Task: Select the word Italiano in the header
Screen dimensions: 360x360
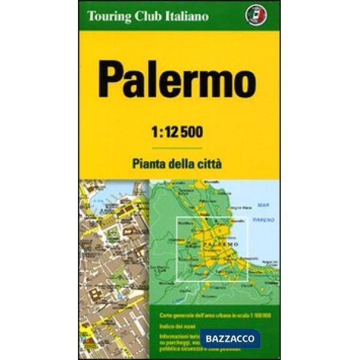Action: point(186,16)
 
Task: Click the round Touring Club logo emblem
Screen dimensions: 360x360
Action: point(263,15)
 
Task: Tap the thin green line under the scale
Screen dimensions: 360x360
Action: point(178,148)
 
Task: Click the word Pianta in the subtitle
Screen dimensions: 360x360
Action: point(148,163)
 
